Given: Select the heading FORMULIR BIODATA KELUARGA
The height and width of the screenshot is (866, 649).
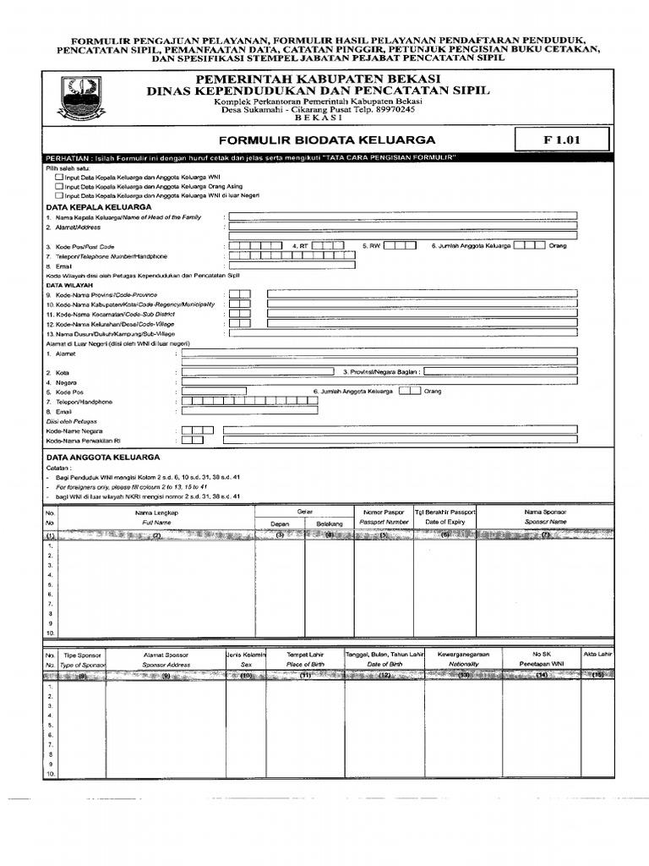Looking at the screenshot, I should (327, 140).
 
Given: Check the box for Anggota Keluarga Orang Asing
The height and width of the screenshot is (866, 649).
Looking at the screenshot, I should (59, 186).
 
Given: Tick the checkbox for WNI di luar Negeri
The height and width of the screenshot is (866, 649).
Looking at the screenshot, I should (59, 195).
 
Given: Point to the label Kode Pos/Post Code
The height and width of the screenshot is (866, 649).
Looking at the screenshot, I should (79, 246).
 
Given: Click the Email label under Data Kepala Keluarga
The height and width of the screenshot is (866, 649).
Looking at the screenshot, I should (57, 266).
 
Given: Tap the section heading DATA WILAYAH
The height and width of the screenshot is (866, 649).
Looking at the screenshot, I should (68, 286).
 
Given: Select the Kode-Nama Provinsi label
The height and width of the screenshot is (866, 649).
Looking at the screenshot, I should (101, 294).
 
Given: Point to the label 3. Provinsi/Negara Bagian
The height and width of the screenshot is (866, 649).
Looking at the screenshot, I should (381, 370).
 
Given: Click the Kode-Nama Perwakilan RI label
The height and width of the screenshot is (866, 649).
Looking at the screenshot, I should (84, 441).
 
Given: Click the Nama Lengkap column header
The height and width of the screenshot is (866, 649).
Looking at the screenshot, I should (156, 512).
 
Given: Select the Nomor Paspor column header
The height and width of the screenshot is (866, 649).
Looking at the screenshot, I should (383, 512).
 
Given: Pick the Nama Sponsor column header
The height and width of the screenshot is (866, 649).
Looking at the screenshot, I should (544, 512).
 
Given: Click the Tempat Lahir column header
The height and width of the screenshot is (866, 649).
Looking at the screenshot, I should (305, 655).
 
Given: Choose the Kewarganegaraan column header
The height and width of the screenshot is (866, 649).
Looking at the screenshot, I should (464, 655).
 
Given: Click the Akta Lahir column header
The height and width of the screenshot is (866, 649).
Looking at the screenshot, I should (597, 655).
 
